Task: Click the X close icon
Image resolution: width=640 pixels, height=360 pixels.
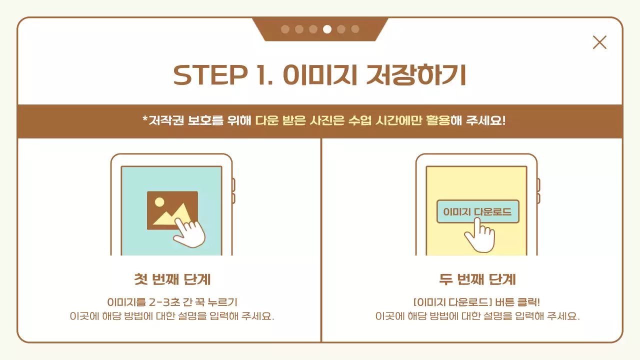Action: tap(599, 42)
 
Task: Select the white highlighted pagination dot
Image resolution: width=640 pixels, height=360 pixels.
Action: tap(327, 29)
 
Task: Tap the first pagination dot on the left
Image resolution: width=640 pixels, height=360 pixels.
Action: tap(285, 29)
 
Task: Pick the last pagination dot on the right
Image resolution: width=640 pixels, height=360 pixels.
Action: tap(355, 29)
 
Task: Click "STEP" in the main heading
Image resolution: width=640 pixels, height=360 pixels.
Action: tap(208, 75)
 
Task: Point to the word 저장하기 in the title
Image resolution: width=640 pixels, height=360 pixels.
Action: tap(416, 75)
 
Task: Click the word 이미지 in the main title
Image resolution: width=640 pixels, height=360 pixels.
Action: tap(320, 75)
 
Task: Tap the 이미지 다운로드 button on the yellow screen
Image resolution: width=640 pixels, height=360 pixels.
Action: tap(477, 212)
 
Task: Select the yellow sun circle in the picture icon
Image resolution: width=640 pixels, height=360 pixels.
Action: tap(159, 202)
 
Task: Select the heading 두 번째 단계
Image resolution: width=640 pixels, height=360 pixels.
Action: tap(477, 279)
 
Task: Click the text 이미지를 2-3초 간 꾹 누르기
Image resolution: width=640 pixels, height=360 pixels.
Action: tap(172, 302)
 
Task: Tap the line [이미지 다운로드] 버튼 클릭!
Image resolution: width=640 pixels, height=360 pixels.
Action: tap(477, 302)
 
